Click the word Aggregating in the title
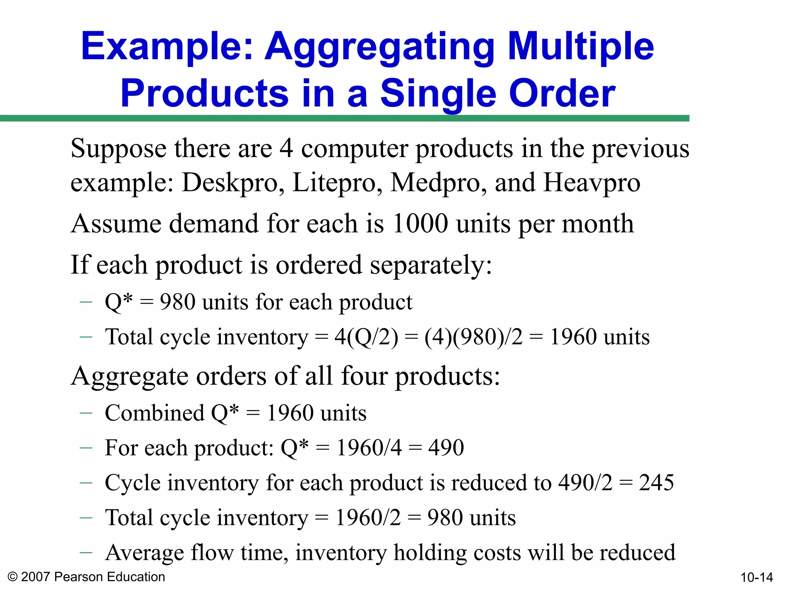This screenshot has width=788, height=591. click(x=379, y=47)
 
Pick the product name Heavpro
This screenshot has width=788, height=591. click(x=592, y=182)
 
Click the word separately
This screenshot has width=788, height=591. click(x=431, y=265)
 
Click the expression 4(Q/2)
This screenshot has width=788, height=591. click(x=366, y=337)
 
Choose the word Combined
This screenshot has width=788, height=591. click(x=154, y=413)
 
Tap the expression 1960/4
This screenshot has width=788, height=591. click(x=369, y=448)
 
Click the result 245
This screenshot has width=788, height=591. click(x=656, y=482)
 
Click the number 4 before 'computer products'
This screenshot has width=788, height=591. click(x=286, y=149)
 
